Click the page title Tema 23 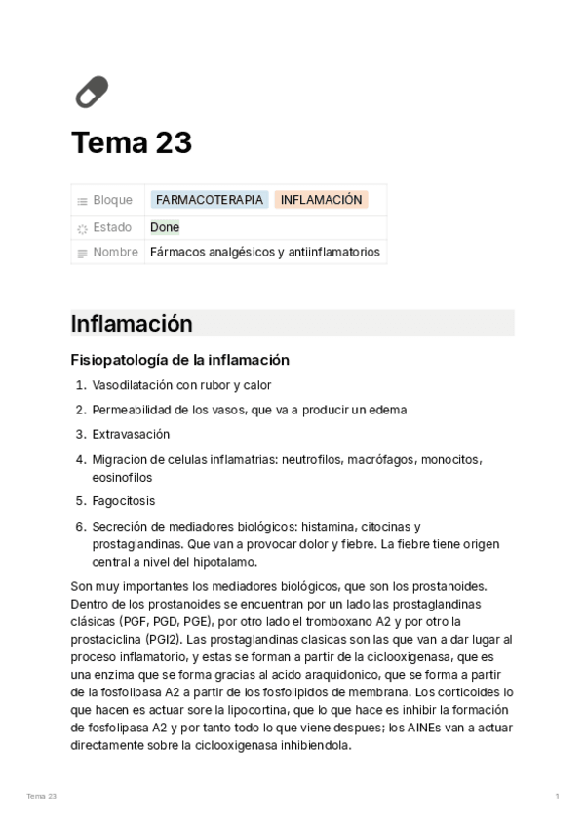coord(132,143)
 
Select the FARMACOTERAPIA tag coord(210,200)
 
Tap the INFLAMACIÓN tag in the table coord(321,200)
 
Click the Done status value coord(165,227)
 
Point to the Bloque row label coord(112,200)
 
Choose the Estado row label coord(112,227)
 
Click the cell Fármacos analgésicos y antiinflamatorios coord(265,253)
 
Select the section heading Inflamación coord(132,324)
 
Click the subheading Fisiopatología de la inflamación coord(180,360)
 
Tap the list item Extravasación coord(131,434)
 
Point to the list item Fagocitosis coord(124,501)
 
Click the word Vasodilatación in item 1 coord(133,385)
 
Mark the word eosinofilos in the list coord(123,478)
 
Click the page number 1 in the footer coord(557,797)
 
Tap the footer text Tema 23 coord(42,797)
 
